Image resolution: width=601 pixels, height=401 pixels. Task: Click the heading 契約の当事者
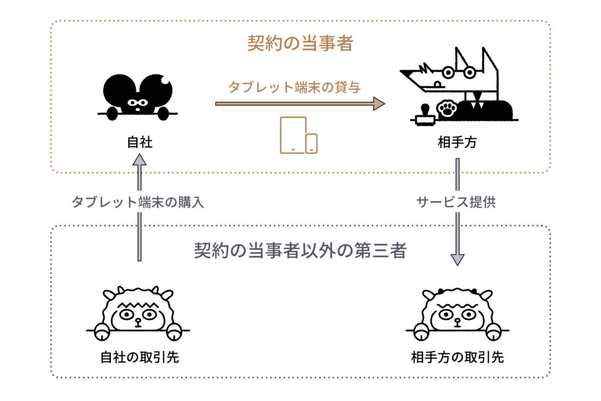(300, 43)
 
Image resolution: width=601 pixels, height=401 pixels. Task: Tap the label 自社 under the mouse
(140, 142)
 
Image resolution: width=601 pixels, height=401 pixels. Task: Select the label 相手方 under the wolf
(457, 142)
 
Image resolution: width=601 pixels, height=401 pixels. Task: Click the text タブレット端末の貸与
(295, 87)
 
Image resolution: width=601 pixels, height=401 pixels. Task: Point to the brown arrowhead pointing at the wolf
(379, 103)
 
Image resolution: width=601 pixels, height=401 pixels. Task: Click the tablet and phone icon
(299, 135)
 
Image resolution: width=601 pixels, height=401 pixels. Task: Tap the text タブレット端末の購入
(137, 202)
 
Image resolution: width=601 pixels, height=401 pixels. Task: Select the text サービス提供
(456, 202)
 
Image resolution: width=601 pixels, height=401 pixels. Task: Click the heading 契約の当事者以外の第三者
(300, 251)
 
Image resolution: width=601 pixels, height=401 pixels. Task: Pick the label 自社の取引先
(140, 357)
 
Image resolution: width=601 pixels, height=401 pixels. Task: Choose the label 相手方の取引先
(457, 357)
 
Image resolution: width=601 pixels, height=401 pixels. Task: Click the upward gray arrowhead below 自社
(140, 160)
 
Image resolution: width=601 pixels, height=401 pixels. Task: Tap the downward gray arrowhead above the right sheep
(457, 260)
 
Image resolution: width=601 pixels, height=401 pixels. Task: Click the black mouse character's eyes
(137, 103)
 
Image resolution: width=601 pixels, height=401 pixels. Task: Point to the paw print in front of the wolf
(447, 109)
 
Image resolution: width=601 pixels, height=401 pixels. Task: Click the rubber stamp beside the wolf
(424, 115)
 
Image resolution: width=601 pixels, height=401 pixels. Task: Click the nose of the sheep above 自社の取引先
(137, 322)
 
